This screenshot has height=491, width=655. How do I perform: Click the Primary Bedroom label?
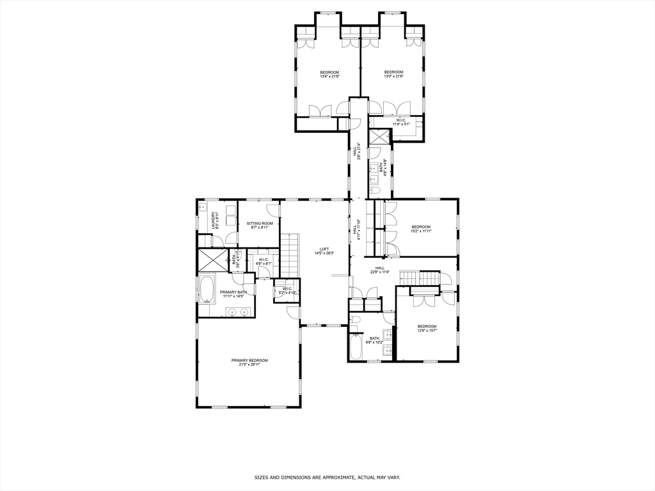coord(249,362)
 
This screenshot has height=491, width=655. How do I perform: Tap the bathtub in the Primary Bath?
coord(207,290)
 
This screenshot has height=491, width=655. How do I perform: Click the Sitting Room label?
coord(260,225)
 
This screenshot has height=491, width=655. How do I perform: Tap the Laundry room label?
coord(217,221)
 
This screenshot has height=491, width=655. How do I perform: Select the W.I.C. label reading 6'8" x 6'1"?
coord(264,261)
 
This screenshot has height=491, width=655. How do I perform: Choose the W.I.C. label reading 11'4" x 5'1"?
coord(401,122)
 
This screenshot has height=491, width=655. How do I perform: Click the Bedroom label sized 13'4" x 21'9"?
coord(329,74)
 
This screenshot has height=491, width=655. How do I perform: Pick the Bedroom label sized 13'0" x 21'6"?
coord(393,74)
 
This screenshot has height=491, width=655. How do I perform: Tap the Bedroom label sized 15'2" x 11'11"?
coord(421,229)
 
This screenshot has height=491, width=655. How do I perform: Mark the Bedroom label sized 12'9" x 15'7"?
coord(427,328)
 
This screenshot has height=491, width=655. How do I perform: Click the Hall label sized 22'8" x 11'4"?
coord(380,270)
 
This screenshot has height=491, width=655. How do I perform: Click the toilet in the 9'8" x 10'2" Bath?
coord(356,319)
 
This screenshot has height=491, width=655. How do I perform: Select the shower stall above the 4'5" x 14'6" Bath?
coord(380,137)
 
